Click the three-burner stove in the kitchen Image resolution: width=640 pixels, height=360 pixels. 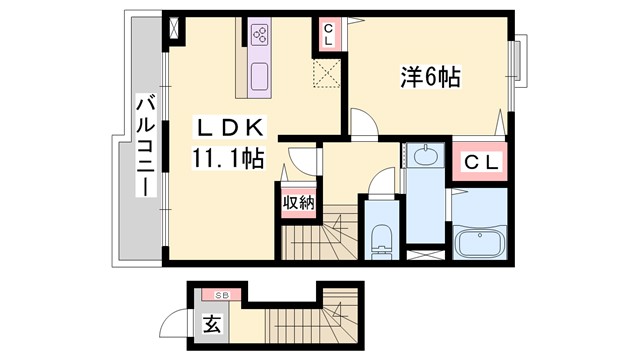[x=261, y=36]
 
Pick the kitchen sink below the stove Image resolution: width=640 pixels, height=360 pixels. [x=261, y=76]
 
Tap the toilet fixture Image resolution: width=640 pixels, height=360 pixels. [x=381, y=238]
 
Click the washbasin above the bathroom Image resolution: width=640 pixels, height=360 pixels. [x=424, y=156]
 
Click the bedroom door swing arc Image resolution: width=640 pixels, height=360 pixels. [x=364, y=123]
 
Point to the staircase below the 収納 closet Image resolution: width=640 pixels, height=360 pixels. [x=314, y=240]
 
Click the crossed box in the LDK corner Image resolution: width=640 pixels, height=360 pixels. [x=178, y=27]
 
